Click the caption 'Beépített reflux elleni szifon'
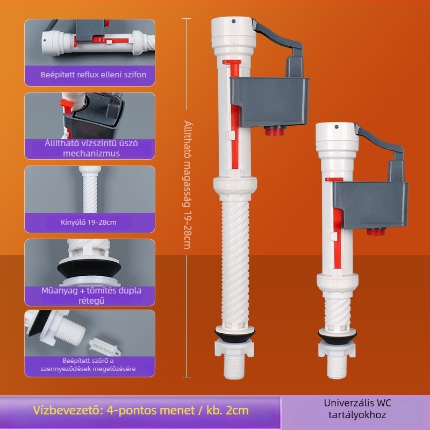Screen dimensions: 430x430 pyautogui.click(x=93, y=75)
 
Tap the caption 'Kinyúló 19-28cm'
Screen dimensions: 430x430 pyautogui.click(x=89, y=222)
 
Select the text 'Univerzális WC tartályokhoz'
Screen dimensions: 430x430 pyautogui.click(x=357, y=408)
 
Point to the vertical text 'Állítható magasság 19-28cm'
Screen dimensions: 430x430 pyautogui.click(x=187, y=184)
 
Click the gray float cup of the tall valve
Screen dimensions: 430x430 pyautogui.click(x=270, y=102)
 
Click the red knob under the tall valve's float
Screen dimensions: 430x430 pyautogui.click(x=275, y=131)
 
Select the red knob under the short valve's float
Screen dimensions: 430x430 pyautogui.click(x=376, y=232)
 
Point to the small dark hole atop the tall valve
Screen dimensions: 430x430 pyautogui.click(x=234, y=21)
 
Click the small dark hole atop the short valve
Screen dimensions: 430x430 pyautogui.click(x=336, y=127)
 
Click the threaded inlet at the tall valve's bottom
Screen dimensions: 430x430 pyautogui.click(x=234, y=368)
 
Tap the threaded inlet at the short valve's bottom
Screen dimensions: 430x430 pyautogui.click(x=337, y=368)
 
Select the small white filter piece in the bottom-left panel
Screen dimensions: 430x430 pyautogui.click(x=104, y=345)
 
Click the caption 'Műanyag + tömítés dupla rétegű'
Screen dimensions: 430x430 pyautogui.click(x=91, y=296)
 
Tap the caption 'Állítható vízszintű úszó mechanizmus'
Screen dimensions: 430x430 pyautogui.click(x=91, y=148)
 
